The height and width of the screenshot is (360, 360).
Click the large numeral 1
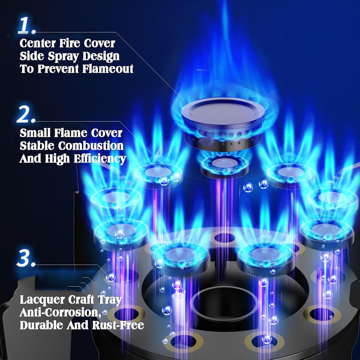pyautogui.click(x=25, y=25)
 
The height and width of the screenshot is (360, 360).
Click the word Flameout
pyautogui.click(x=108, y=69)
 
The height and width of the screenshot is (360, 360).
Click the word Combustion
pyautogui.click(x=91, y=146)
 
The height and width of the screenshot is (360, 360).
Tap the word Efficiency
pyautogui.click(x=100, y=159)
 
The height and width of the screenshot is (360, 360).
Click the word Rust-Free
pyautogui.click(x=118, y=325)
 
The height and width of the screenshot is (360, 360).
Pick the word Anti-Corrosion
pyautogui.click(x=60, y=313)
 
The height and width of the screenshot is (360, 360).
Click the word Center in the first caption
pyautogui.click(x=38, y=43)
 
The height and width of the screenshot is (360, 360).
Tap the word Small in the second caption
pyautogui.click(x=35, y=133)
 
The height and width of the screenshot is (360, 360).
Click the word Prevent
pyautogui.click(x=59, y=69)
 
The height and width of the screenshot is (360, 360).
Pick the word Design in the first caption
pyautogui.click(x=101, y=57)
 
